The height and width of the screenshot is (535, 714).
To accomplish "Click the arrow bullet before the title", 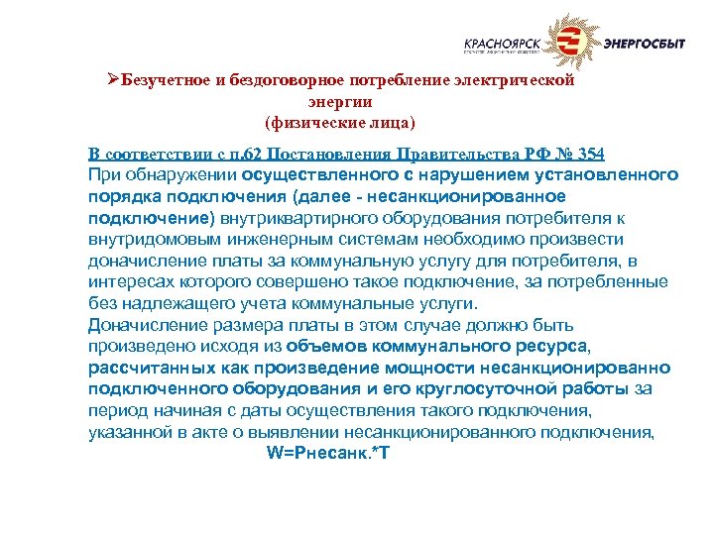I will pos(112,80).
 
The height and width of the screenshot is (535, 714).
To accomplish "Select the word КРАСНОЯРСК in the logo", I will pos(504,43).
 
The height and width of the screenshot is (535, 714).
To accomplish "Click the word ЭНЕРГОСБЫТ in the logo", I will pos(644,43).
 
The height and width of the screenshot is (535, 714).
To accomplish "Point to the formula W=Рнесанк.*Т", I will pos(322,451).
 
